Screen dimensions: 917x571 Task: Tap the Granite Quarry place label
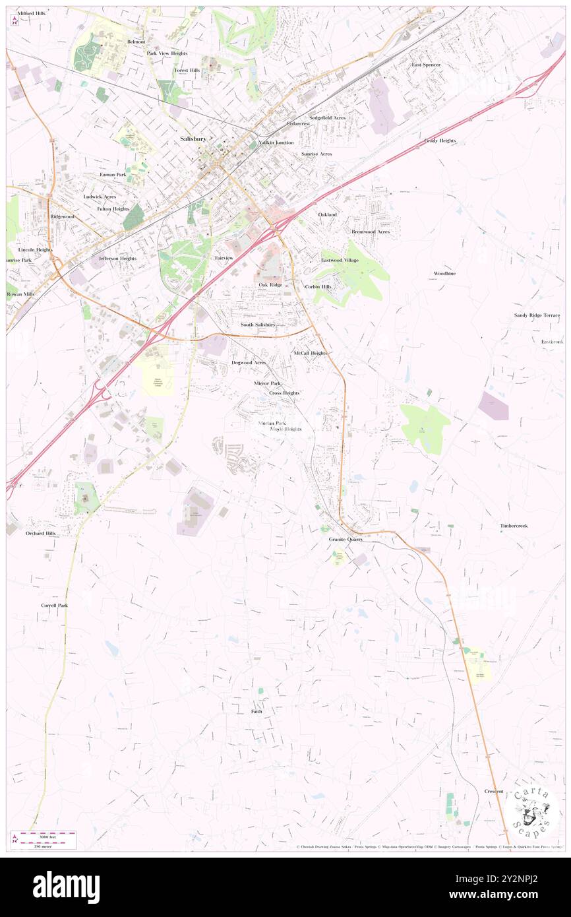click(346, 539)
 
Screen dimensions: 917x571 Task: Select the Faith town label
click(256, 712)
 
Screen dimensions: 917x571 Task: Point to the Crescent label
click(494, 791)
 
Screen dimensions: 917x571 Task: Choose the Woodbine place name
click(444, 273)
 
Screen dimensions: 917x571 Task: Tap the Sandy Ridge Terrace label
click(537, 315)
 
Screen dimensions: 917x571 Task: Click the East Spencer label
click(426, 65)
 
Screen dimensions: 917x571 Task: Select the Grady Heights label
click(440, 141)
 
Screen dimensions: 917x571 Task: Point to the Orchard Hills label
click(41, 532)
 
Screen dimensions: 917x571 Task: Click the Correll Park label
click(54, 605)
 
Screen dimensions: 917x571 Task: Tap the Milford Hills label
click(32, 13)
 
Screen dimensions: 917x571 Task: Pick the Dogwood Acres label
click(249, 363)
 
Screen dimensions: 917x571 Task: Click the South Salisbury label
click(258, 325)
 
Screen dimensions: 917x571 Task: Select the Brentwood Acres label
click(370, 232)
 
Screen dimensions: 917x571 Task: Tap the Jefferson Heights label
click(117, 258)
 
